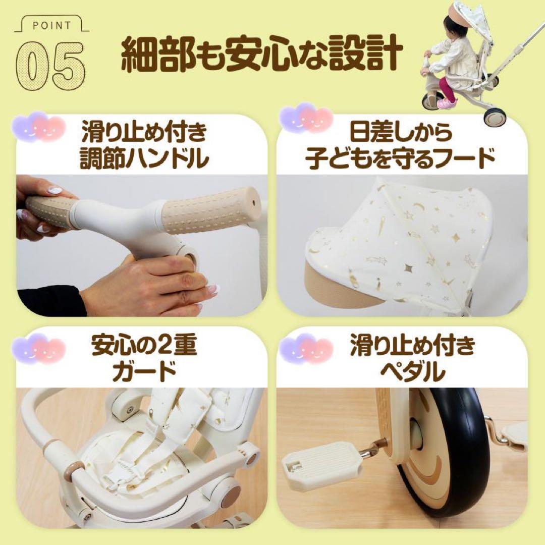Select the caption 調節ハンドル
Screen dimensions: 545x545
(145, 158)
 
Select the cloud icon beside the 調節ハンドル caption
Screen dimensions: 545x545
(39, 127)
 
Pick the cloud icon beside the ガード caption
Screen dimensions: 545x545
(39, 348)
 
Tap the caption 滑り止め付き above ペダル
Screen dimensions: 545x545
(412, 347)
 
